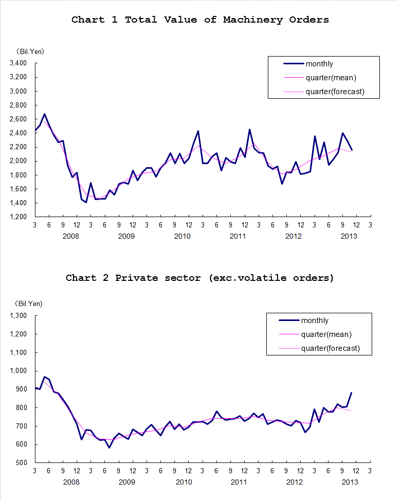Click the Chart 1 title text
point(200,20)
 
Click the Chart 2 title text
point(200,278)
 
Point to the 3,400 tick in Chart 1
point(18,63)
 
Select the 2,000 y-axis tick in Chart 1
point(18,161)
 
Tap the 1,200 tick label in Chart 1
point(18,217)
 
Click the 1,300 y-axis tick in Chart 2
point(18,315)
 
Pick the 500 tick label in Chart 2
point(21,463)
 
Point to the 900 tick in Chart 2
point(21,389)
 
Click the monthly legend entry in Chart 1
point(319,64)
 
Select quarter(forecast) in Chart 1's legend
point(335,92)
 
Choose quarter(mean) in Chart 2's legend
point(326,334)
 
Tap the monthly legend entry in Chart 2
point(315,320)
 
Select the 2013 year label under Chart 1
point(349,236)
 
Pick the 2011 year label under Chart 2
point(238,482)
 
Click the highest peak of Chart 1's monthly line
point(44,114)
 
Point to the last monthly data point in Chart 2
point(351,393)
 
